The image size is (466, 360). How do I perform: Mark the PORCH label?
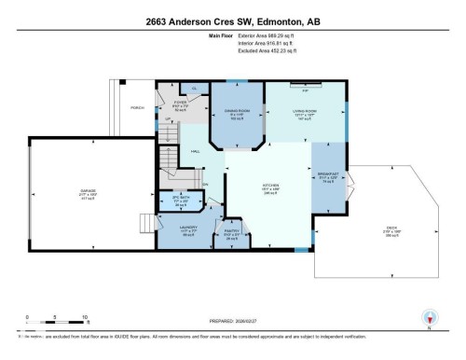(137, 109)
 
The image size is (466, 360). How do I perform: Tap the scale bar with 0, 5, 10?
(56, 324)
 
